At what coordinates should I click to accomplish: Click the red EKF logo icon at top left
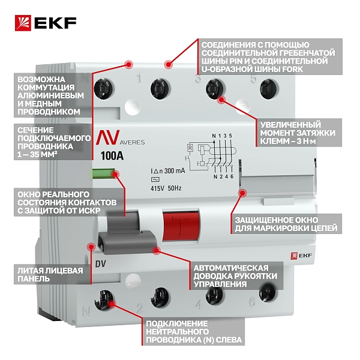coord(23,23)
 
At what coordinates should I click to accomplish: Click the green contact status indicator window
coord(104,174)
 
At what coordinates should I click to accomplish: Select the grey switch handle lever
coord(126,232)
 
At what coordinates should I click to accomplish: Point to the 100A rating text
coord(112,156)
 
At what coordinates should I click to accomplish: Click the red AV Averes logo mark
coord(107,137)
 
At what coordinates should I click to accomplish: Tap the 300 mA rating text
coord(175,171)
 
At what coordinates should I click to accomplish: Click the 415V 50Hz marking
coord(166,188)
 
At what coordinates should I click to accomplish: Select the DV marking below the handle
coord(101,264)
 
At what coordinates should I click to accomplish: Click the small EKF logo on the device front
coord(301,256)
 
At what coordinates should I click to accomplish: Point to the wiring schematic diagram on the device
coord(209,156)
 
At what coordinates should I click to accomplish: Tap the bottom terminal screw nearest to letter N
coord(104,301)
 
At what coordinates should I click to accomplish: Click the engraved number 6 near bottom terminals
coord(253,301)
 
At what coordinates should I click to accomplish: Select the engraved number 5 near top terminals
coord(253,79)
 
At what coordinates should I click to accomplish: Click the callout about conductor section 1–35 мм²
coord(53,142)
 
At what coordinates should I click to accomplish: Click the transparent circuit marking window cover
coord(277,181)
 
